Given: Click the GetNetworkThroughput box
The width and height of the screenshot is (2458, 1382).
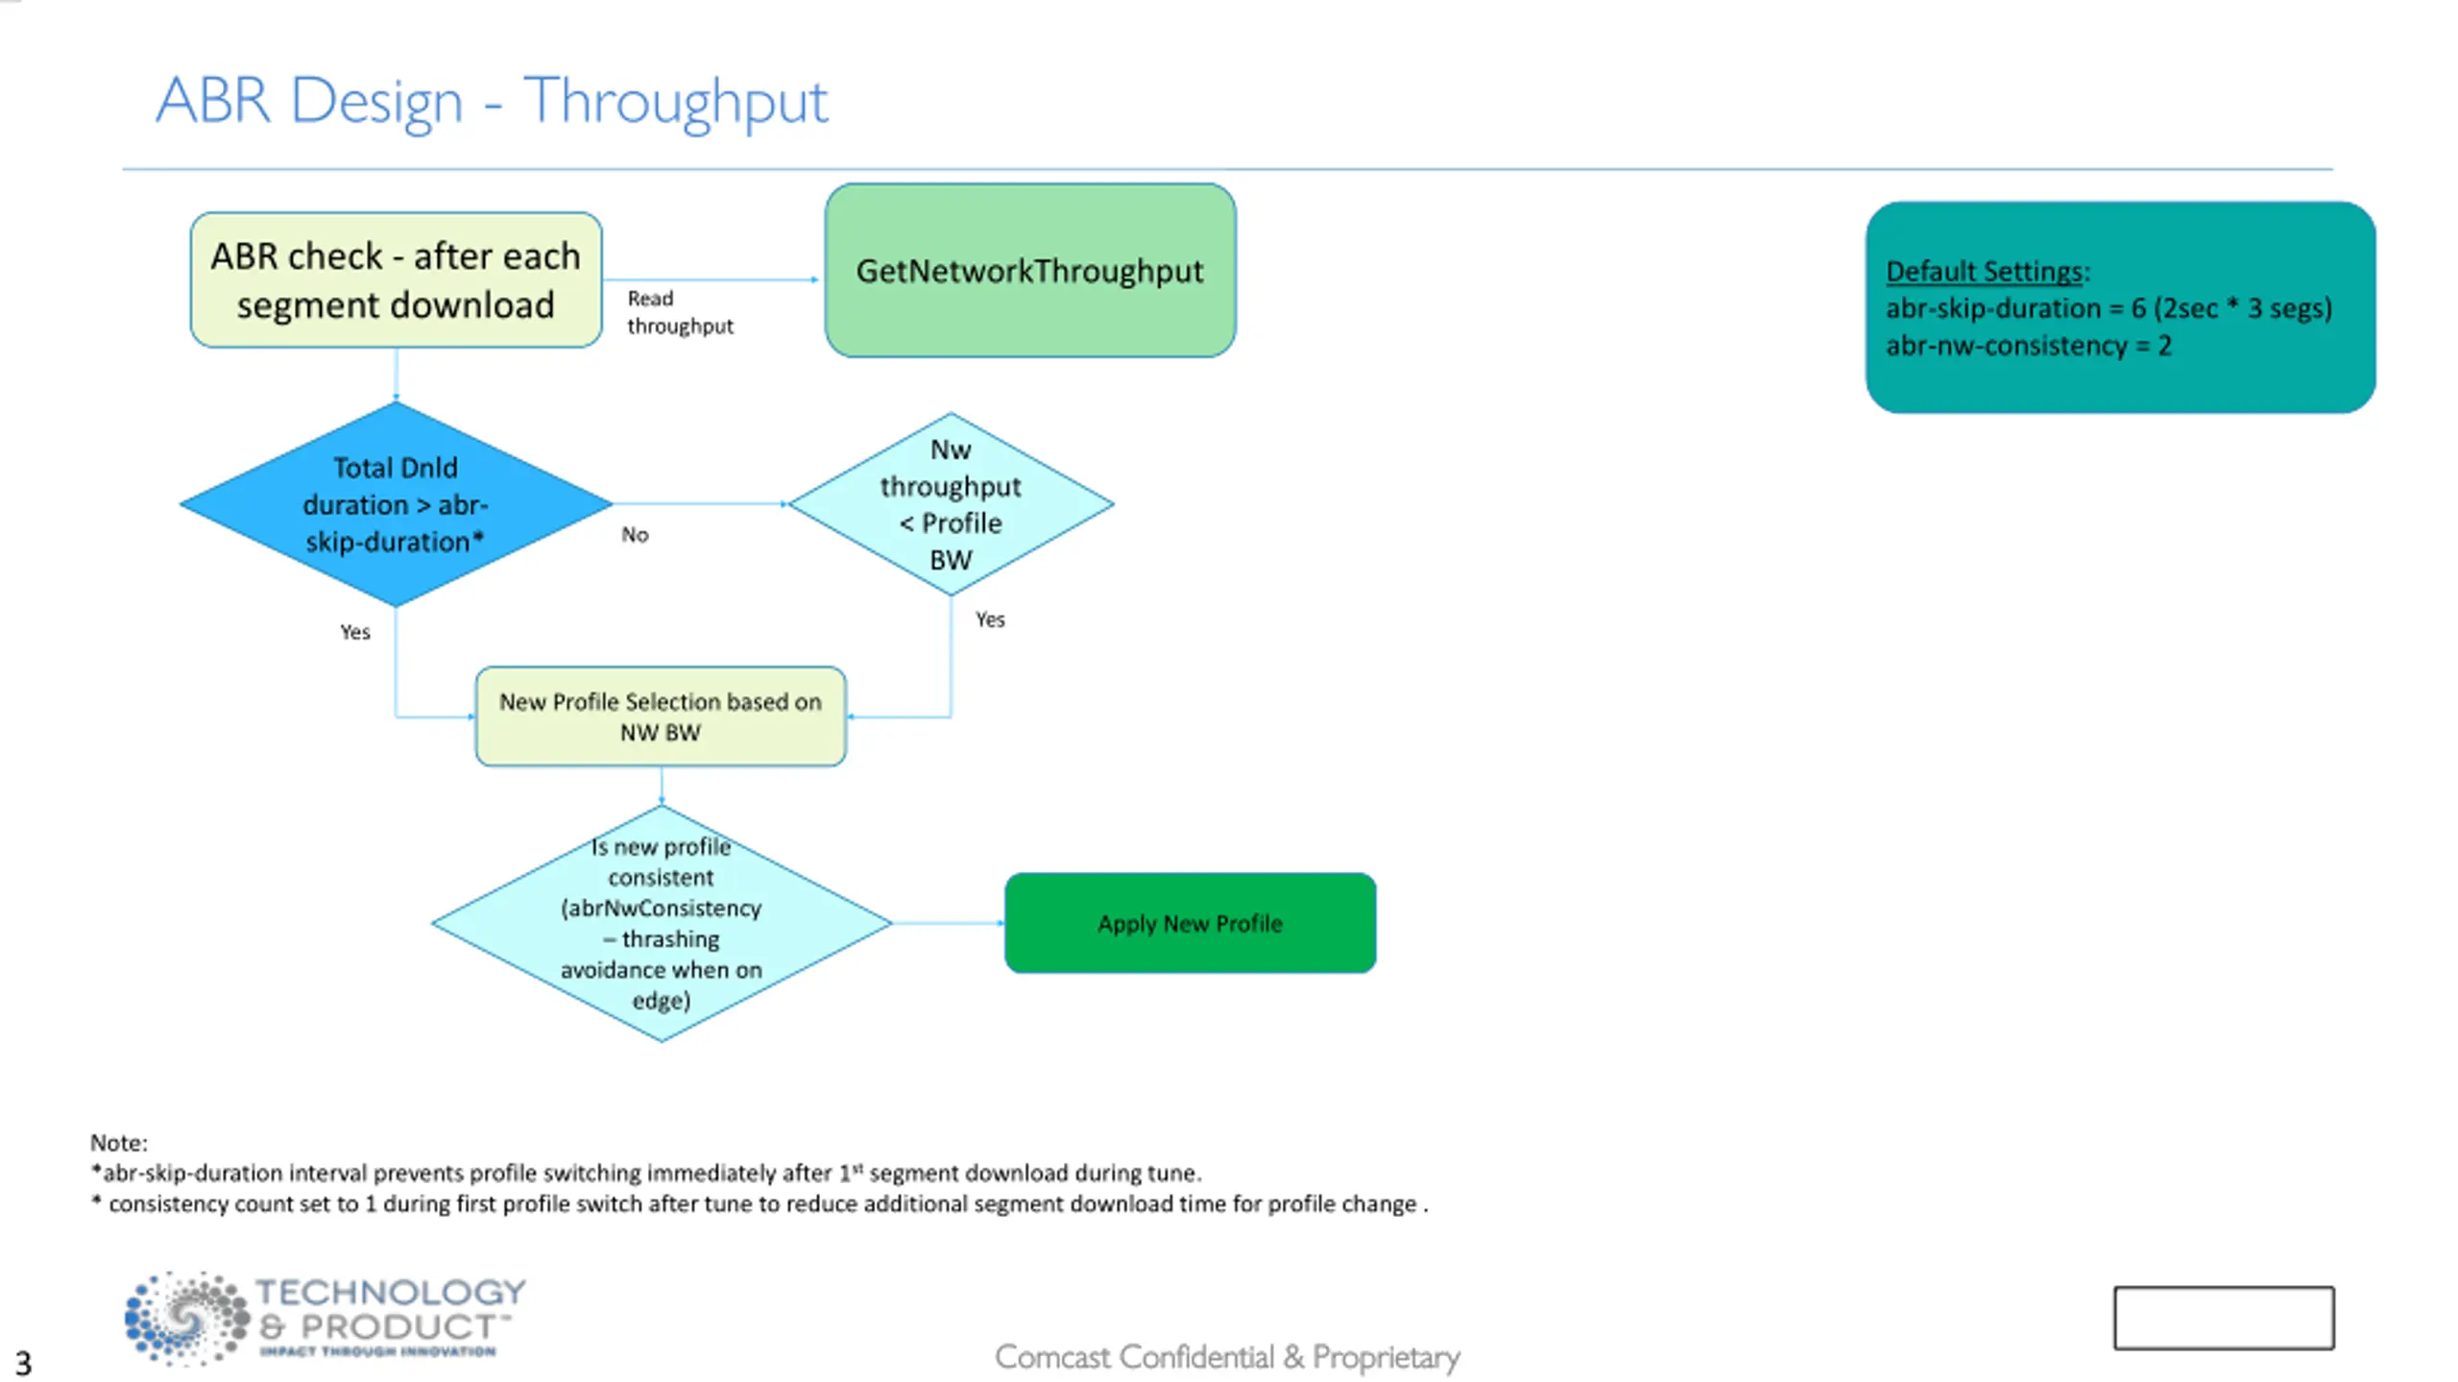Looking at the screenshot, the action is click(1030, 271).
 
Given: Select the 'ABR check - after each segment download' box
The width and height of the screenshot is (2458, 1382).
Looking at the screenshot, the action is click(396, 279).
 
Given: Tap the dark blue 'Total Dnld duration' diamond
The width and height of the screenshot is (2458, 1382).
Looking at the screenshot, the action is click(396, 504).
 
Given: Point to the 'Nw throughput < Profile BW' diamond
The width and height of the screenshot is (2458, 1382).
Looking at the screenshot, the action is click(951, 504).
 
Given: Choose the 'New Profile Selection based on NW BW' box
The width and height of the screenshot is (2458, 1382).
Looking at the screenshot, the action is click(661, 716).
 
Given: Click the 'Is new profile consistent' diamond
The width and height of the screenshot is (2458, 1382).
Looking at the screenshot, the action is click(662, 923).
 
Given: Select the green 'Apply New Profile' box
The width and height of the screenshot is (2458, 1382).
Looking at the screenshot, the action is click(1190, 923).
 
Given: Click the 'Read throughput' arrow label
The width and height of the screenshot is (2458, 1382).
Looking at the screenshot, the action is click(680, 312).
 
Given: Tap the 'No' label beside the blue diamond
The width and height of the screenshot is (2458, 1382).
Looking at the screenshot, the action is click(635, 535).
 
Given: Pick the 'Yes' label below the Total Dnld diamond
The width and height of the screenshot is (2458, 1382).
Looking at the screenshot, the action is click(355, 632).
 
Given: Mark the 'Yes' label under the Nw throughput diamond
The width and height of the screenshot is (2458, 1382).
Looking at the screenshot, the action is click(990, 619).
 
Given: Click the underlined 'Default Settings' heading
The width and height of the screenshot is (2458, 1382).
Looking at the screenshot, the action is click(1985, 272).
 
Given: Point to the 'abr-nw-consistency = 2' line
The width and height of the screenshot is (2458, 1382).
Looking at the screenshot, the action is click(2028, 346).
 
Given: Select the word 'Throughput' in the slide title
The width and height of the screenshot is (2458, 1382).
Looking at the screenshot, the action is click(675, 102).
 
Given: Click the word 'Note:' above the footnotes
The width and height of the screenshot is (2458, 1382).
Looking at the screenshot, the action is click(119, 1143).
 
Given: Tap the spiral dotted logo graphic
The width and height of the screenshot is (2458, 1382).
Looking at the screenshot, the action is click(186, 1318).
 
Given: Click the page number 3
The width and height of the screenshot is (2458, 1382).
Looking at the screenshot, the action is click(23, 1364).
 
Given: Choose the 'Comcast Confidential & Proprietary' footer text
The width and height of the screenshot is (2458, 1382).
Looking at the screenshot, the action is click(1227, 1357).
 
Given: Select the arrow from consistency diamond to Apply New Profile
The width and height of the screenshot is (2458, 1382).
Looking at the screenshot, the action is click(949, 923).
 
